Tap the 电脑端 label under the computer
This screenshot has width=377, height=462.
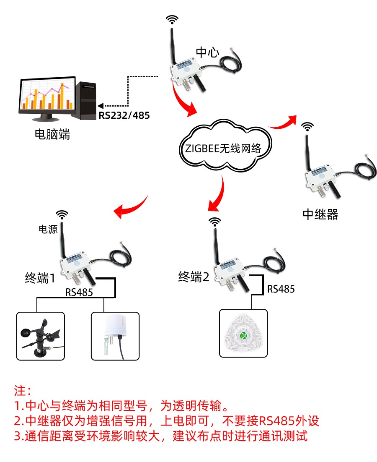pyautogui.click(x=52, y=135)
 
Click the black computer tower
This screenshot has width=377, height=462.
pyautogui.click(x=86, y=99)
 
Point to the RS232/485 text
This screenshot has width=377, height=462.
pyautogui.click(x=124, y=115)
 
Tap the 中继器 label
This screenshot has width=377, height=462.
pyautogui.click(x=320, y=214)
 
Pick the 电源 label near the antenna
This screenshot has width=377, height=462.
pyautogui.click(x=47, y=229)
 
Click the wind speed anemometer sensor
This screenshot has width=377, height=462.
pyautogui.click(x=41, y=336)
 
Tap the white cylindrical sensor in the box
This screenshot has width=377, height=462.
pyautogui.click(x=115, y=336)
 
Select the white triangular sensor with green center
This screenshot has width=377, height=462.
pyautogui.click(x=243, y=334)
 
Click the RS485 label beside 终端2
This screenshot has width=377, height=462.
pyautogui.click(x=281, y=289)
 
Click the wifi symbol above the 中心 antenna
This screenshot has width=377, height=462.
pyautogui.click(x=172, y=20)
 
